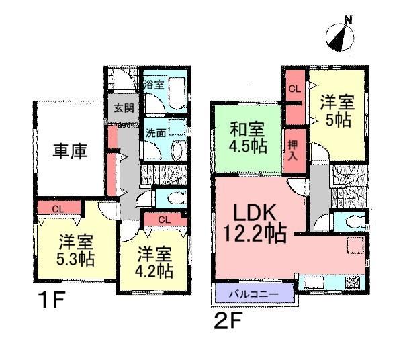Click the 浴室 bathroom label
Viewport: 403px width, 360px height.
coord(154,85)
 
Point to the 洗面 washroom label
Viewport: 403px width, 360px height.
coord(155,133)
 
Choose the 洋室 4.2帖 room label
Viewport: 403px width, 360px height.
coord(154,263)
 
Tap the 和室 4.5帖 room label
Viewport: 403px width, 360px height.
coord(248,139)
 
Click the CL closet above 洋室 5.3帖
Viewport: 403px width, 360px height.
coord(58,208)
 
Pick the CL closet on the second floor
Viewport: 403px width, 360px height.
coord(294,88)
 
